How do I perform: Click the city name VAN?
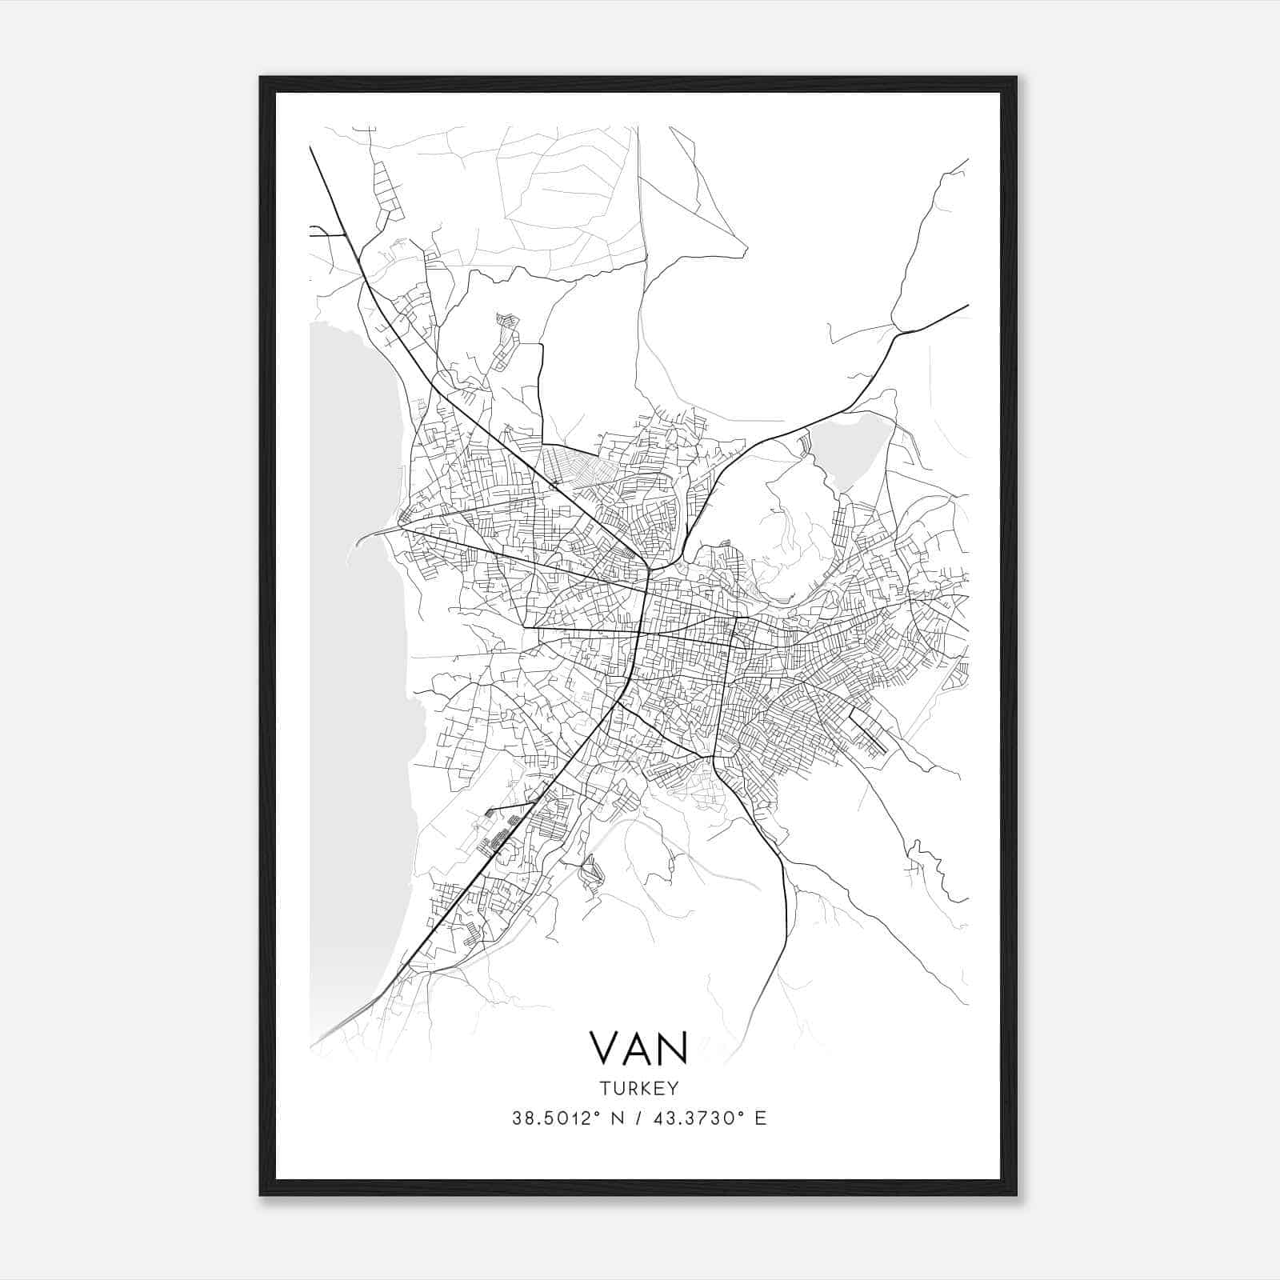[638, 1047]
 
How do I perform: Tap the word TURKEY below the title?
[638, 1088]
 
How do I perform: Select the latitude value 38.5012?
[553, 1118]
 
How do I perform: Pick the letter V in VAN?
[605, 1047]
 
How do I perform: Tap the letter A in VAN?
[638, 1047]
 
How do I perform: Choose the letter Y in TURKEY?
[674, 1088]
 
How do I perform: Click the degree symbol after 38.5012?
[596, 1113]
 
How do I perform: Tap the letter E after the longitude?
[759, 1118]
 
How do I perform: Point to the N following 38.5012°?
[615, 1118]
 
